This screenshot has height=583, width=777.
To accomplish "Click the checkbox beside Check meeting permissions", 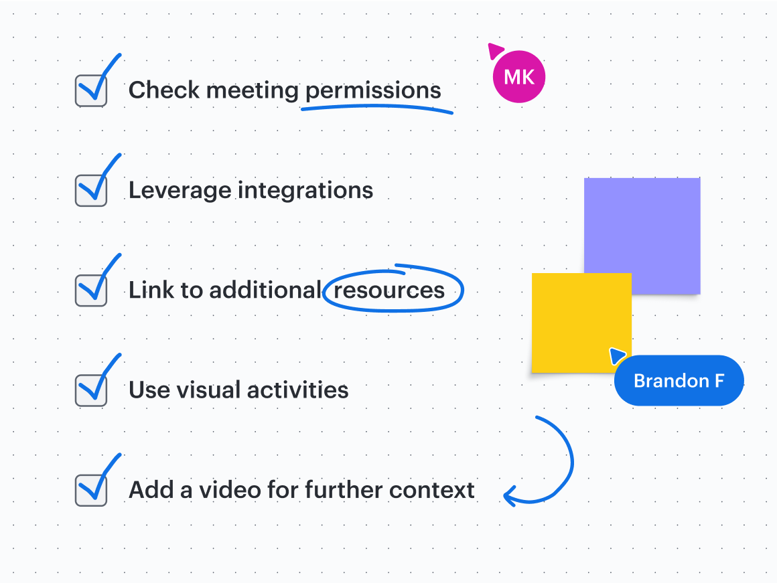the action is [91, 90].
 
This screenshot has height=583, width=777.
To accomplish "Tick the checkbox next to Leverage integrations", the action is [91, 191].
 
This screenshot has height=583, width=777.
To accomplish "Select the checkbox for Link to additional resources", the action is [91, 290].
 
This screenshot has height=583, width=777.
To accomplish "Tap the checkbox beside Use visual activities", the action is [91, 390].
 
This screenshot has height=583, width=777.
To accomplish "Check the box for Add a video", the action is [91, 491].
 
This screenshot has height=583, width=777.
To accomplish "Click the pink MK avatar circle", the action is [519, 77].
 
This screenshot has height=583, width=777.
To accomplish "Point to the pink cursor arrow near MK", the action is [495, 50].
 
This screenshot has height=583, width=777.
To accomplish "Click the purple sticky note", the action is [642, 236].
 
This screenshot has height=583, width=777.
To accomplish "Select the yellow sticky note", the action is [581, 323].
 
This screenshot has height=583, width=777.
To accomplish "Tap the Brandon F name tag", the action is [679, 380].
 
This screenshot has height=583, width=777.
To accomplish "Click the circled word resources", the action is [389, 290].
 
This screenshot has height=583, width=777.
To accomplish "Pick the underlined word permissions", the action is [373, 91].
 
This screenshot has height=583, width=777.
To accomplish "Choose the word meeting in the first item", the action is [253, 91].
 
